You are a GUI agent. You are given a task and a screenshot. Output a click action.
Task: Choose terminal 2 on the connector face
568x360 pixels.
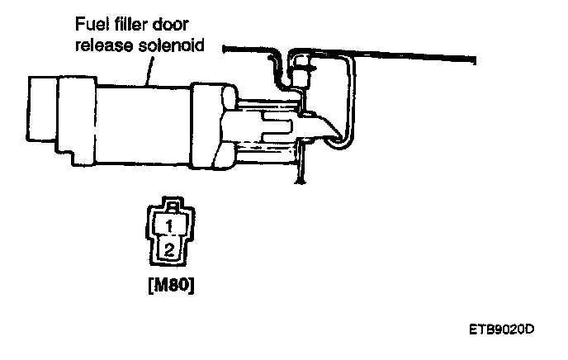click(x=168, y=249)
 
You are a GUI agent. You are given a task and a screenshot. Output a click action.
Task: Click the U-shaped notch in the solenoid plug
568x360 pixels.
click(x=277, y=126)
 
